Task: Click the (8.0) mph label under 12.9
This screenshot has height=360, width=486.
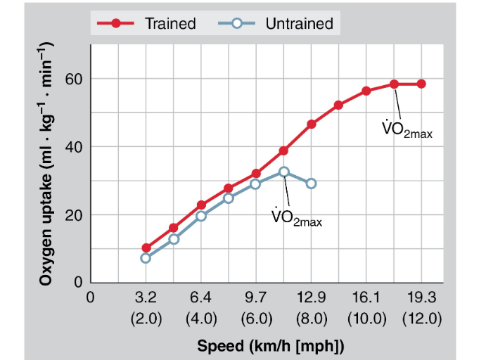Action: point(311,318)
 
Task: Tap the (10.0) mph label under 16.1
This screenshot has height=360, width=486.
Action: point(366,318)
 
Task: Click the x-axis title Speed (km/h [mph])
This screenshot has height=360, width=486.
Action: point(271,346)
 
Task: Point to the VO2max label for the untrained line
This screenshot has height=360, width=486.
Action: point(296,217)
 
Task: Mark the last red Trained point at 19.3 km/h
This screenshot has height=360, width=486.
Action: point(421,84)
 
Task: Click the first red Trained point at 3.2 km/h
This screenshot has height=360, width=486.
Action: point(146,248)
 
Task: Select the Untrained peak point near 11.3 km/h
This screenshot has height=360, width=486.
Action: point(284,172)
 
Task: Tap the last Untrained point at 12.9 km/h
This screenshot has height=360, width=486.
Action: point(312,184)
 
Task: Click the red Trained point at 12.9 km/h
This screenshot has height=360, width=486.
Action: point(312,124)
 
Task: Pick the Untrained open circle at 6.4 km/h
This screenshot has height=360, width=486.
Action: point(201,216)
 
